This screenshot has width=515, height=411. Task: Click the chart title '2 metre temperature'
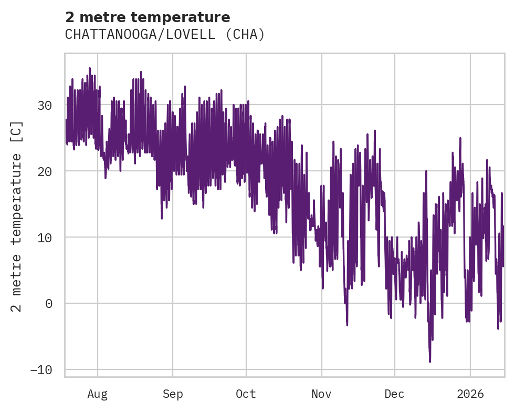coord(148,17)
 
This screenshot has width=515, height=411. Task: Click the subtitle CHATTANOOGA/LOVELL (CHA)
coord(165,35)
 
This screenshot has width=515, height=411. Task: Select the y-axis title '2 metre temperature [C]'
coord(17,216)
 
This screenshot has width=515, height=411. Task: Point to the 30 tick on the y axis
coord(45,105)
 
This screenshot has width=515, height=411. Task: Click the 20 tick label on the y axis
coord(45,171)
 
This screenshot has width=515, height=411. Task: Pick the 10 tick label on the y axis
coord(45,238)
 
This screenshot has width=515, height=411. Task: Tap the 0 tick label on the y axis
coord(48,304)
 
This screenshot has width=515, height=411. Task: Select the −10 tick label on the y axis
coord(41,370)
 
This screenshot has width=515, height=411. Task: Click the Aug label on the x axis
coord(97,394)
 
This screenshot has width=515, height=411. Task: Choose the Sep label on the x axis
coord(172,394)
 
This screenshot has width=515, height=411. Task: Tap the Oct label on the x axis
coord(246,394)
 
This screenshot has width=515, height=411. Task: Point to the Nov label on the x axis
coord(321,394)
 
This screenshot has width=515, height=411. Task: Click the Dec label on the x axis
coord(394,394)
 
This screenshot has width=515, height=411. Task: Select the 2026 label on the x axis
coord(470,394)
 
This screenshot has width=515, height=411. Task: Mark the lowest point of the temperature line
coord(430,362)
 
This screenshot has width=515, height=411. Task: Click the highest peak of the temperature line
coord(90,68)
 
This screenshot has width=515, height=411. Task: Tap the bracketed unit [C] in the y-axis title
coord(17,130)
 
